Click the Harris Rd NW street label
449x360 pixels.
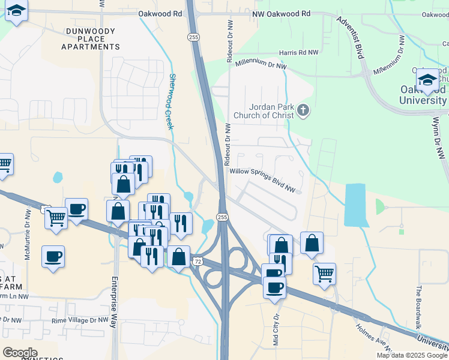click(x=298, y=53)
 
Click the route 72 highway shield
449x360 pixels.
click(x=197, y=261)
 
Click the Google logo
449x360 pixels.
click(x=20, y=353)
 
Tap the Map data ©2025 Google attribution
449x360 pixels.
click(x=411, y=355)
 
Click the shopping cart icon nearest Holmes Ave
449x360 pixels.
click(x=324, y=274)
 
